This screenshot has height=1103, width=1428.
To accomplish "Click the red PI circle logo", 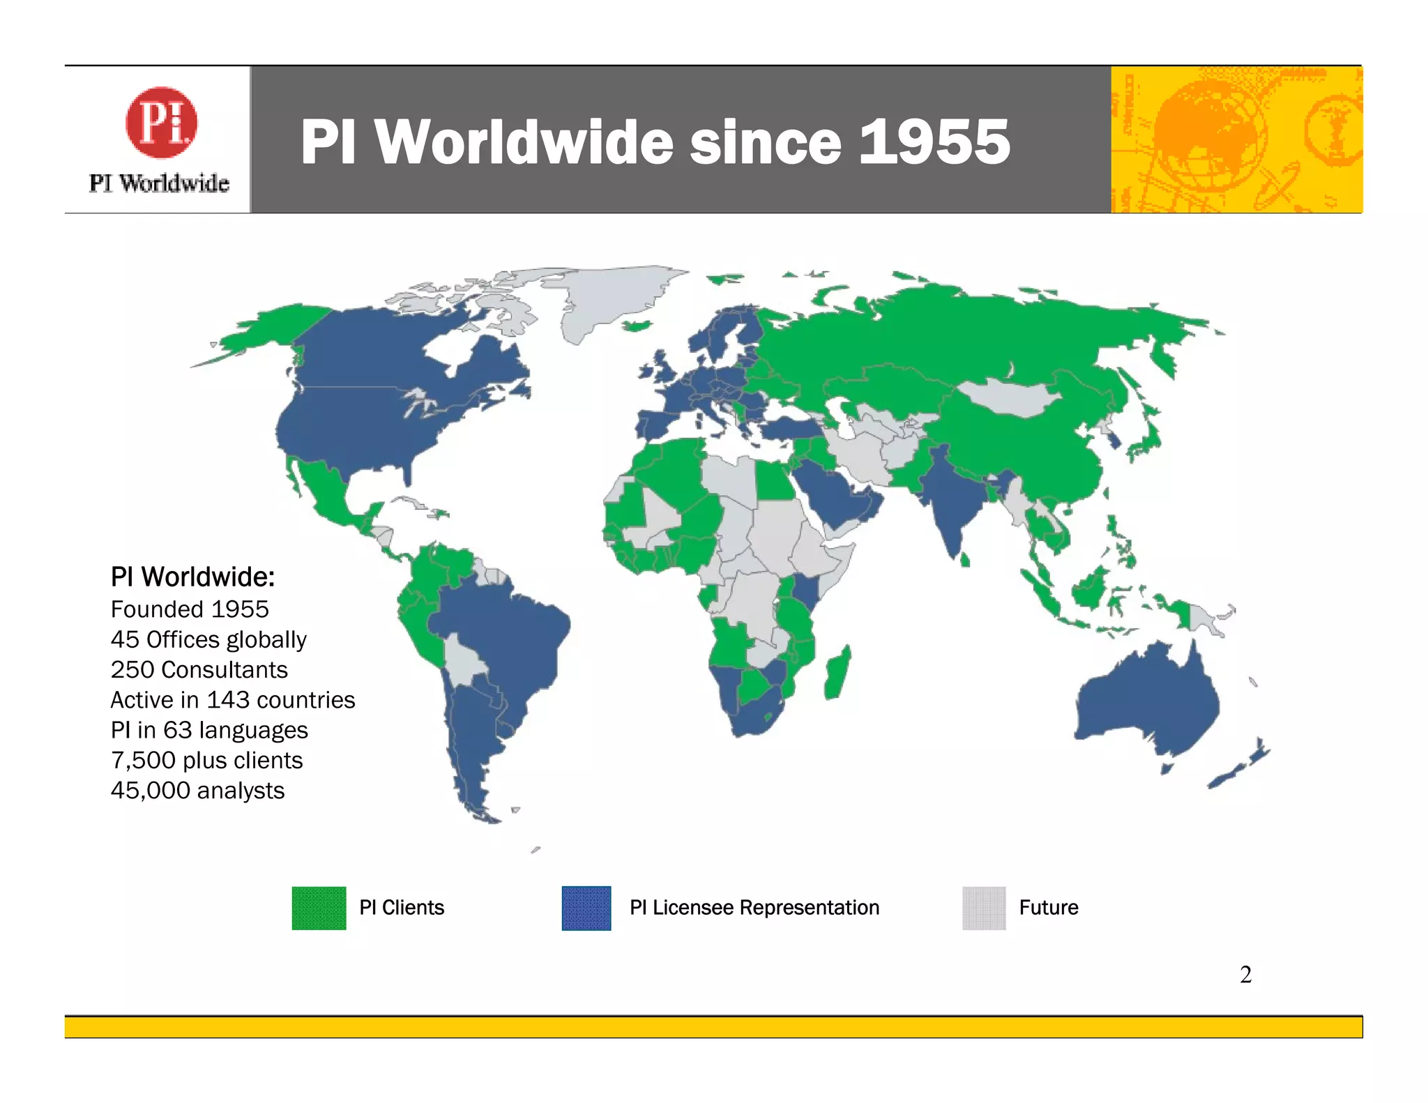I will (x=161, y=123).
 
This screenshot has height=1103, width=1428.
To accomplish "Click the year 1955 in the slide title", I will (x=934, y=142).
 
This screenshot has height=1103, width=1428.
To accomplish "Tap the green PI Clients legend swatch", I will (x=319, y=908).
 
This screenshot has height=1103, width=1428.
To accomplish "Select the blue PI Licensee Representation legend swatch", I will (x=586, y=908).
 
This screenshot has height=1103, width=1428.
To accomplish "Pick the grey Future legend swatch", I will (x=984, y=908).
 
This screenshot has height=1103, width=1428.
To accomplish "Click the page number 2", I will (x=1245, y=974).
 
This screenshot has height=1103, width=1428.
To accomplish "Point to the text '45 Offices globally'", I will (x=208, y=639).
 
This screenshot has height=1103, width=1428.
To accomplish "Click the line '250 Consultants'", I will (x=199, y=669).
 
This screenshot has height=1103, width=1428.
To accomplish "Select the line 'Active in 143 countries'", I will (x=233, y=699).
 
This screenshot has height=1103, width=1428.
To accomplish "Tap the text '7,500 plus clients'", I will (x=206, y=760).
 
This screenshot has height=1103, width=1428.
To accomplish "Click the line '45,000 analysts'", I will (x=197, y=790).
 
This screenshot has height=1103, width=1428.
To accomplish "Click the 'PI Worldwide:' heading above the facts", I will (x=192, y=577).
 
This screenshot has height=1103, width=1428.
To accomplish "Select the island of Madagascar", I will (x=837, y=673).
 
